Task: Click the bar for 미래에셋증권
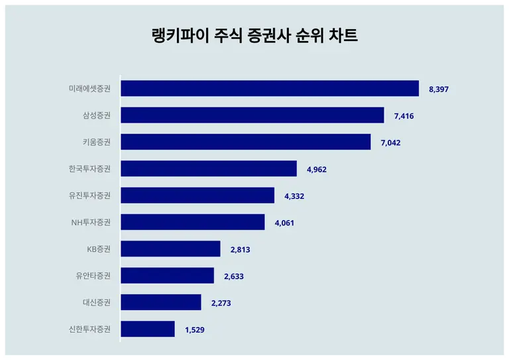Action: click(270, 89)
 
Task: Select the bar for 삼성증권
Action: click(253, 115)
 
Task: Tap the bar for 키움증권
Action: click(246, 142)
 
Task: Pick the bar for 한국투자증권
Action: click(209, 169)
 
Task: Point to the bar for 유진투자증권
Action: click(198, 196)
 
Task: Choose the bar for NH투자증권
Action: click(193, 222)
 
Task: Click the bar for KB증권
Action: click(170, 249)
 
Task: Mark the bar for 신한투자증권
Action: click(148, 329)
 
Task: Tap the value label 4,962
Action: click(317, 170)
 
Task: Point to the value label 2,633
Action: click(234, 276)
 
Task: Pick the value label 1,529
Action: click(195, 330)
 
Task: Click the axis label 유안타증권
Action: click(93, 276)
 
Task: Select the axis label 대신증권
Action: click(97, 302)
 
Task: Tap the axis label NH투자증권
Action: click(91, 222)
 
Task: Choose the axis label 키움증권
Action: click(97, 142)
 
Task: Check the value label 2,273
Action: click(221, 303)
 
